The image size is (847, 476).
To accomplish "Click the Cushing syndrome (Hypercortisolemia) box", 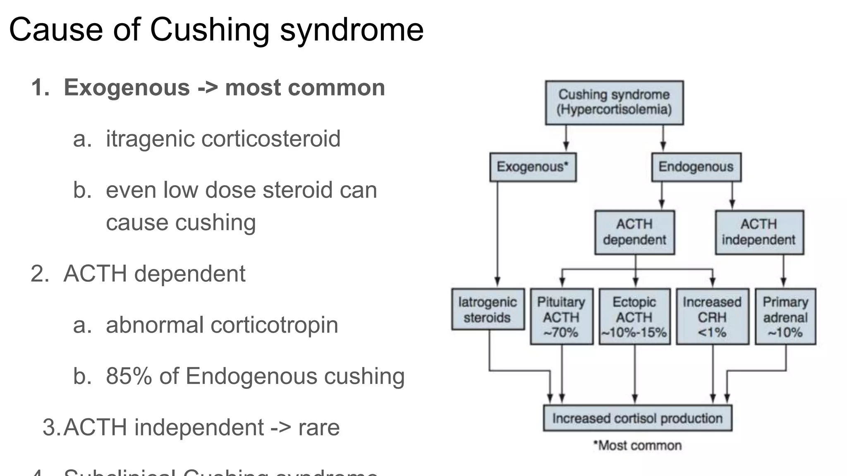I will point(614,102).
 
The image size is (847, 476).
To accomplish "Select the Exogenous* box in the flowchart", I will point(533,167).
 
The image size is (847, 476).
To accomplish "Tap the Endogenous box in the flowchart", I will point(696,167).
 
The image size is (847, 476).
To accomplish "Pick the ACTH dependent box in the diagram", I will point(634,232).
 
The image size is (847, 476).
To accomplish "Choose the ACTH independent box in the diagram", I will point(759,232).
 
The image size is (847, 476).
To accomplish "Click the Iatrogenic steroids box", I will point(488,309).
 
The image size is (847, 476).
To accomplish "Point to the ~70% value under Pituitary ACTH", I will point(561,333).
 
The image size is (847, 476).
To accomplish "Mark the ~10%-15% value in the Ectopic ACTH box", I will point(634,333).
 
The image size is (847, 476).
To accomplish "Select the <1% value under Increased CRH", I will point(712,333).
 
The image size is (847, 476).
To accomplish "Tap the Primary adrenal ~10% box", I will point(785,317).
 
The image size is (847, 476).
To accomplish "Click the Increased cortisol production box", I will point(637,419).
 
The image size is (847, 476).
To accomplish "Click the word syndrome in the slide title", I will point(352,30).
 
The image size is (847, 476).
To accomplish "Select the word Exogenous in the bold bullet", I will point(127,88).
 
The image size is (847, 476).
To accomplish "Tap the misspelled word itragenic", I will point(150,139).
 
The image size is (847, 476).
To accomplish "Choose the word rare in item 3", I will point(319,428).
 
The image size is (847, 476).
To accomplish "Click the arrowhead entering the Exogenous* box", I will point(566,147).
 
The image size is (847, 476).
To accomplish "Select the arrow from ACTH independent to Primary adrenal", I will point(783,271).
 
